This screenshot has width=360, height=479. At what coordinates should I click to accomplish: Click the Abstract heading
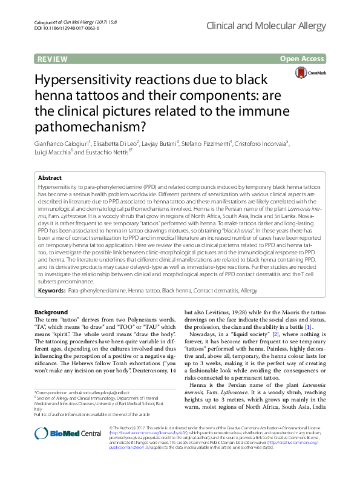pos(50,178)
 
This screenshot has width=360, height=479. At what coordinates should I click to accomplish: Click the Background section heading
pos(51,312)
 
